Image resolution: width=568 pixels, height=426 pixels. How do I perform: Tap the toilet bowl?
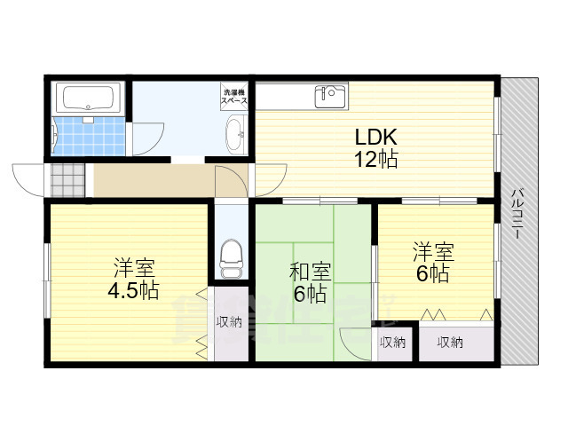(231, 255)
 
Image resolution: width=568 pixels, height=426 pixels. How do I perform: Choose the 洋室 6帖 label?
(430, 263)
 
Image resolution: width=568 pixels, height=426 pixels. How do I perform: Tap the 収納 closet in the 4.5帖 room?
(229, 322)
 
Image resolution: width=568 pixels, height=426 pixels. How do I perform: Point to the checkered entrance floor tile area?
(67, 180)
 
